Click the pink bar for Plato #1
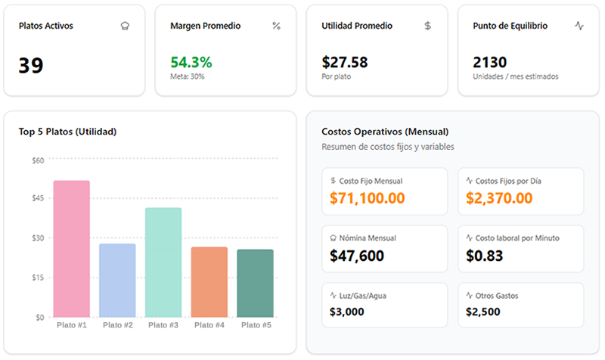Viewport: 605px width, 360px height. point(71,249)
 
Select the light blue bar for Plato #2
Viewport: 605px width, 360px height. point(117,280)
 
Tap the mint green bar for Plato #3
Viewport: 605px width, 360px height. point(163,262)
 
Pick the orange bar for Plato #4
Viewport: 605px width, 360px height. point(209,281)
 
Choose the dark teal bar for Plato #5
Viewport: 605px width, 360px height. point(255,283)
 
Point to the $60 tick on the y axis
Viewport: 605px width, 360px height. point(37,160)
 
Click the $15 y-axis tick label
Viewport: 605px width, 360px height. point(37,278)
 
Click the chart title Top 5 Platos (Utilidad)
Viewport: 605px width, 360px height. point(67,132)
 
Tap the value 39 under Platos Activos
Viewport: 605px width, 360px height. point(31,66)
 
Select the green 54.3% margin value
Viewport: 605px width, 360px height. point(191,62)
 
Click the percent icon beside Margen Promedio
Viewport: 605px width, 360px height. point(276,26)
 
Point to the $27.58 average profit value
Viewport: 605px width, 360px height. point(344,62)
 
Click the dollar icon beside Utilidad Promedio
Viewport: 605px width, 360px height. point(427,26)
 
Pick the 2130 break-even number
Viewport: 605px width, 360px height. point(489,62)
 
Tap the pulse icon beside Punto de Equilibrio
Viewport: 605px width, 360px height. point(579,26)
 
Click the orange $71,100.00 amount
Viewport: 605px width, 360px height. point(367,198)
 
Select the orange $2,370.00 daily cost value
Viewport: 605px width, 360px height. point(499,198)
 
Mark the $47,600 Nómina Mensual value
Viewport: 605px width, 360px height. point(357,256)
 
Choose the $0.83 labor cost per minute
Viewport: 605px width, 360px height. point(485,256)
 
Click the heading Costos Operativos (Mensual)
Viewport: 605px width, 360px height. point(385,132)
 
